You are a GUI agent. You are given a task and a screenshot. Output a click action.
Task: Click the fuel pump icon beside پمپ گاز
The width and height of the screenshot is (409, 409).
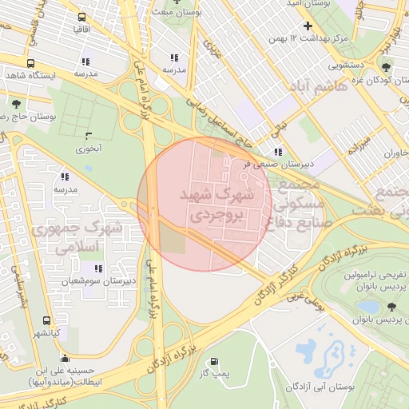213,361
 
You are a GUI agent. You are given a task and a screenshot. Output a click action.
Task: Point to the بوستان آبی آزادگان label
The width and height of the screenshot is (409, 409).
320,387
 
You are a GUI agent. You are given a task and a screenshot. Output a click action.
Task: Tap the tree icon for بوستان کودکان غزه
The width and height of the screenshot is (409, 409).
387,68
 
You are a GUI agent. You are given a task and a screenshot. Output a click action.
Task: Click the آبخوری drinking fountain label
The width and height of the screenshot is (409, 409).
89,149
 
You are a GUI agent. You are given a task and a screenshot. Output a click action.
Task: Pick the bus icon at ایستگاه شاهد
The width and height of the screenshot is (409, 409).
30,64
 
